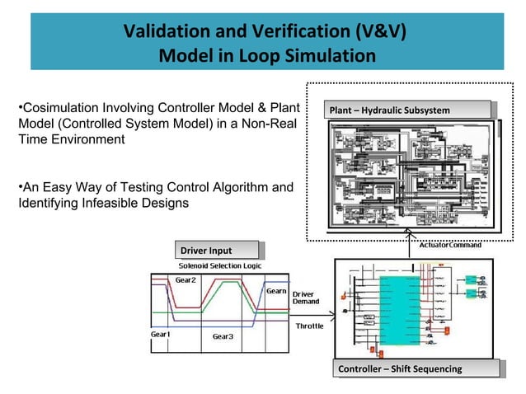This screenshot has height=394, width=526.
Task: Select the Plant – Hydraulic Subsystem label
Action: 390,110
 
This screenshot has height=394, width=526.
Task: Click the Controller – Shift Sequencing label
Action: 400,368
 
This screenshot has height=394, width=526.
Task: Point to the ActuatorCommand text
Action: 451,245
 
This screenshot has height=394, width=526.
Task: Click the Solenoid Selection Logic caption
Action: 220,265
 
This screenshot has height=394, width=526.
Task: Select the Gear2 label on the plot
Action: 186,280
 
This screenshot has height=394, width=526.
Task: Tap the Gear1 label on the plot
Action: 160,335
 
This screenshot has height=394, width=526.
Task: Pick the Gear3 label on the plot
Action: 223,336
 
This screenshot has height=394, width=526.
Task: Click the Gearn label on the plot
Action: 276,291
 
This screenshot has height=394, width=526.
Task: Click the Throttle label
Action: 310,326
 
